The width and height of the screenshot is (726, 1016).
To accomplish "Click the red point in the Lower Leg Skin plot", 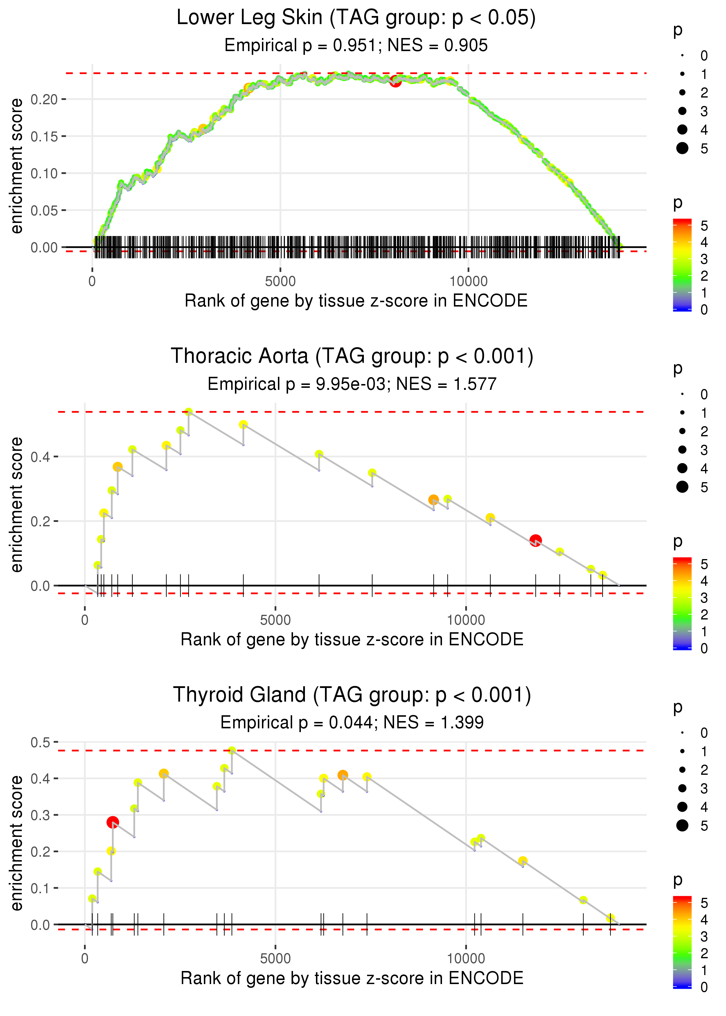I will pos(395,81).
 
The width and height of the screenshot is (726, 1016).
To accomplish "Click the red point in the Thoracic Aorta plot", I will pos(535,541).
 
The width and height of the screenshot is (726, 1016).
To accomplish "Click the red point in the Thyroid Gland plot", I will pos(113,822).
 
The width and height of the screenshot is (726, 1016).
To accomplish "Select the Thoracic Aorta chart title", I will pos(352,356).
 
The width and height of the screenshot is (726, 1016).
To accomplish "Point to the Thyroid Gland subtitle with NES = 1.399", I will pos(352,723).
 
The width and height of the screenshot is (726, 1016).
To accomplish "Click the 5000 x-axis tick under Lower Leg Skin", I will pos(280,282).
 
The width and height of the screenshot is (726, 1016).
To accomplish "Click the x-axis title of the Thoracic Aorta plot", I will pos(352,639).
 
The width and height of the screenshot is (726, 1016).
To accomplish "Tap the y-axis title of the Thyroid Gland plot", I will pos(17,843).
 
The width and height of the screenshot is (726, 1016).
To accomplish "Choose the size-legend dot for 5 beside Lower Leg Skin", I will pos(682,148).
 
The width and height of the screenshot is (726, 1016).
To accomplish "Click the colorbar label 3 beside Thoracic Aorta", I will pos(704,598).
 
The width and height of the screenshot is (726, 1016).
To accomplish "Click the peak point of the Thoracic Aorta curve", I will pos(189,412).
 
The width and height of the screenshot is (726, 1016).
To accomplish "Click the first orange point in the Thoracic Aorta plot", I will pos(118,467).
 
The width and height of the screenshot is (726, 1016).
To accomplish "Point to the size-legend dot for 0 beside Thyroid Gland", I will pos(682,733).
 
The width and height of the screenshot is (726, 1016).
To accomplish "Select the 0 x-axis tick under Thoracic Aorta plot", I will pos(85,620).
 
